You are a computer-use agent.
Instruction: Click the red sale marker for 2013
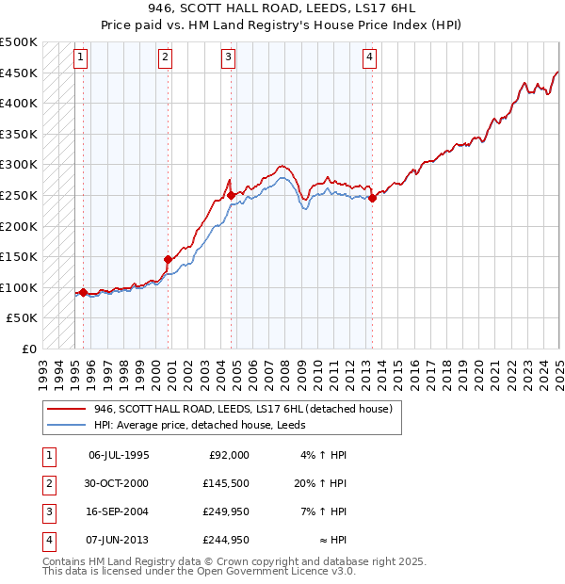pyautogui.click(x=373, y=198)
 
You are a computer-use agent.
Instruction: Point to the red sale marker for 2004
pyautogui.click(x=231, y=195)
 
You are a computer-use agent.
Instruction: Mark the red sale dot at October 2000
pyautogui.click(x=169, y=259)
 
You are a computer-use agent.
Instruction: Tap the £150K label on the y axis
pyautogui.click(x=19, y=256)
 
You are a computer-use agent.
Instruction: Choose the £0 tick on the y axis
pyautogui.click(x=27, y=349)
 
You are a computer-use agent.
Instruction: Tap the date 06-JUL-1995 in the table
pyautogui.click(x=119, y=455)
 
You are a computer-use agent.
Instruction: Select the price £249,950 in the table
pyautogui.click(x=226, y=511)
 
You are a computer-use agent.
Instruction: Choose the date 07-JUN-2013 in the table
pyautogui.click(x=119, y=541)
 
